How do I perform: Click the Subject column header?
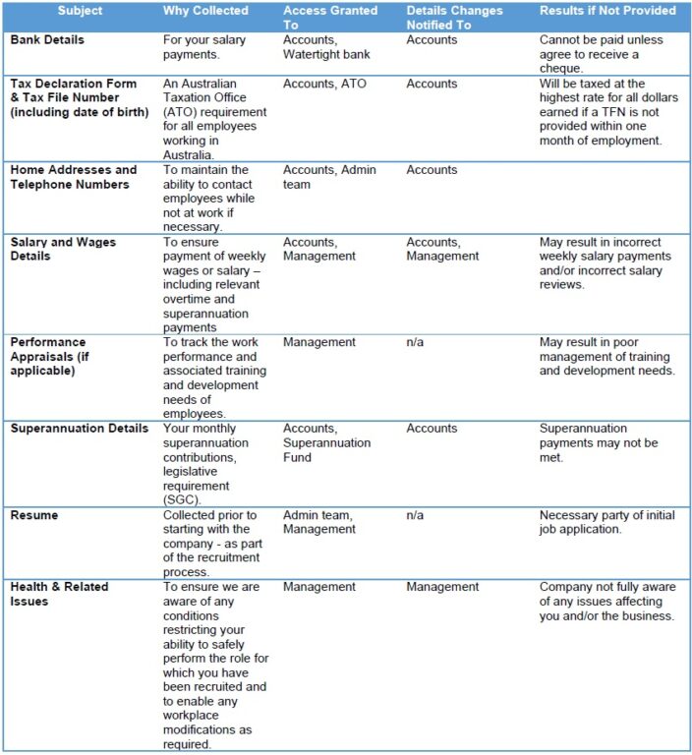click(x=79, y=11)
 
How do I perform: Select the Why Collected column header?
click(x=205, y=11)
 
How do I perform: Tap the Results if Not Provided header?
click(x=607, y=11)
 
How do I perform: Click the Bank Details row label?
click(x=47, y=40)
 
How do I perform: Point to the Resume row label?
click(x=34, y=515)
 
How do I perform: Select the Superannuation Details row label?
click(x=80, y=429)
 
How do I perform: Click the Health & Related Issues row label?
click(x=59, y=594)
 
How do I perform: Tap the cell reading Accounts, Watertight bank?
click(x=328, y=47)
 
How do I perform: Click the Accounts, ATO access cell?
click(x=324, y=85)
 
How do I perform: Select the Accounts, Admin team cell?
click(x=329, y=177)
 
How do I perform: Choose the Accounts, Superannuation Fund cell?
click(x=327, y=442)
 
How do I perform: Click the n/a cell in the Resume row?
click(x=416, y=515)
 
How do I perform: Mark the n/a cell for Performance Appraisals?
click(x=416, y=342)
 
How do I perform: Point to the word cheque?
click(x=563, y=69)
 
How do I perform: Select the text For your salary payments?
click(x=204, y=47)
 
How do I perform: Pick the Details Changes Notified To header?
click(x=454, y=18)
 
